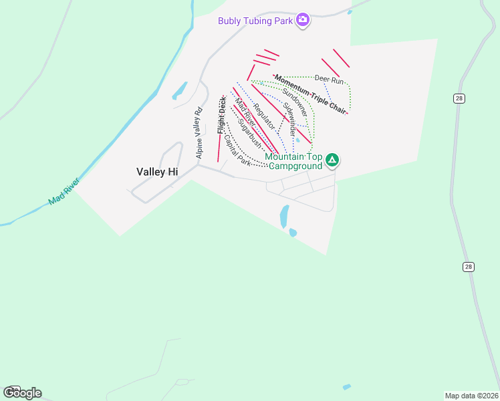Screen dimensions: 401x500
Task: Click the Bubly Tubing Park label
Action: pyautogui.click(x=256, y=20)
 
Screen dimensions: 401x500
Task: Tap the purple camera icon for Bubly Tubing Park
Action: pyautogui.click(x=303, y=19)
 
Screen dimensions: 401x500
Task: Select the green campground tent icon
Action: pyautogui.click(x=332, y=160)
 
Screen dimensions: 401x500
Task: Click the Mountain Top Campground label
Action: pyautogui.click(x=294, y=161)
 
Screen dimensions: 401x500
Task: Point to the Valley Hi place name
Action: pyautogui.click(x=157, y=172)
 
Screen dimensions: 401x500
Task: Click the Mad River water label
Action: pyautogui.click(x=64, y=191)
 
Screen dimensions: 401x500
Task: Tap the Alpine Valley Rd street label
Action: pyautogui.click(x=199, y=134)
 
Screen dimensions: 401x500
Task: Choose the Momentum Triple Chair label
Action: pyautogui.click(x=311, y=94)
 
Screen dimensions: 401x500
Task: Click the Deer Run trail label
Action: pyautogui.click(x=329, y=80)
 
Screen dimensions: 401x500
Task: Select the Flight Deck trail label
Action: pyautogui.click(x=221, y=115)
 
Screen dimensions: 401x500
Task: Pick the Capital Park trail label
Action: pyautogui.click(x=237, y=151)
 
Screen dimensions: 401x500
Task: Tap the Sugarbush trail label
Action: pyautogui.click(x=249, y=136)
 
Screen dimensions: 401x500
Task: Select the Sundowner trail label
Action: pyautogui.click(x=294, y=102)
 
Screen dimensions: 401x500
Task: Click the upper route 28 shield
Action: pyautogui.click(x=459, y=99)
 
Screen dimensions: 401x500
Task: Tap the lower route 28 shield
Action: pyautogui.click(x=469, y=267)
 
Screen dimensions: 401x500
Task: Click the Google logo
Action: pyautogui.click(x=22, y=393)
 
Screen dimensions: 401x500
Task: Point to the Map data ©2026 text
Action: pyautogui.click(x=471, y=395)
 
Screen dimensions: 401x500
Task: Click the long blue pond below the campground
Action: pyautogui.click(x=284, y=217)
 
